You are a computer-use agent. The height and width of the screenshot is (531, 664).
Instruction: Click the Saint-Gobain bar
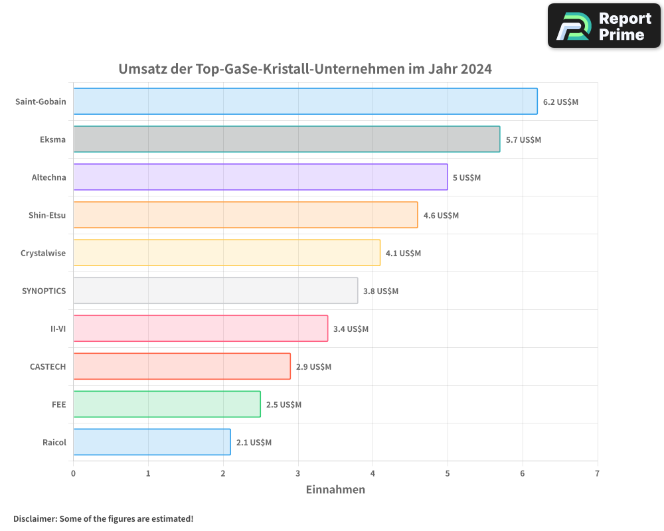pos(305,102)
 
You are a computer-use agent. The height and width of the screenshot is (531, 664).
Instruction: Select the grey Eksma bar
pos(286,139)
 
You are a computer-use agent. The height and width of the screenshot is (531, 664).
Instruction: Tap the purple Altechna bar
pos(260,177)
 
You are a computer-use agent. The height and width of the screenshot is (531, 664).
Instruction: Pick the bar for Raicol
pos(152,442)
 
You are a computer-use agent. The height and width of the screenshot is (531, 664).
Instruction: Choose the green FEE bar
pos(167,404)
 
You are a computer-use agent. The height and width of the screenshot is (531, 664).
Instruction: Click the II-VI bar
pos(201,329)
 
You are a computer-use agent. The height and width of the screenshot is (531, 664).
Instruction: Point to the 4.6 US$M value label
pos(441,216)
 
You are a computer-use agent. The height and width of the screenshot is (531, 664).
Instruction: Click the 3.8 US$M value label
pos(380,291)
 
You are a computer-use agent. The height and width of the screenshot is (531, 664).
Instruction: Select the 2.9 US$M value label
pos(313,367)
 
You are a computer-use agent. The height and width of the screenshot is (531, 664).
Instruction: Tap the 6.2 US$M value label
pos(560,102)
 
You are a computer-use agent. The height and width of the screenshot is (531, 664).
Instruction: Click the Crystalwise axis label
pos(43,253)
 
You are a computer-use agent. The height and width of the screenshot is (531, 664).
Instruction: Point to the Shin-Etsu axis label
pos(47,215)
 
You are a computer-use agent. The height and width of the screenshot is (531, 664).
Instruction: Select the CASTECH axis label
pos(48,366)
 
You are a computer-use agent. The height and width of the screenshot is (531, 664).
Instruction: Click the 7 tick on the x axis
pos(597,473)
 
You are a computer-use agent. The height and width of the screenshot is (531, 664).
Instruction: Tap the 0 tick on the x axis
pos(73,473)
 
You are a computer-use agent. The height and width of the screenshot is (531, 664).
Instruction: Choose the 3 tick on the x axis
pos(298,473)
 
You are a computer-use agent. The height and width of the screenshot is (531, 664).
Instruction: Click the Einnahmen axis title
pos(335,490)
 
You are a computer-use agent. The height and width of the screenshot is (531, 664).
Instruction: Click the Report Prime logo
pos(604,26)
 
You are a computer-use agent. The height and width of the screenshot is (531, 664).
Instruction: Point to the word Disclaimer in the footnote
pos(34,518)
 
